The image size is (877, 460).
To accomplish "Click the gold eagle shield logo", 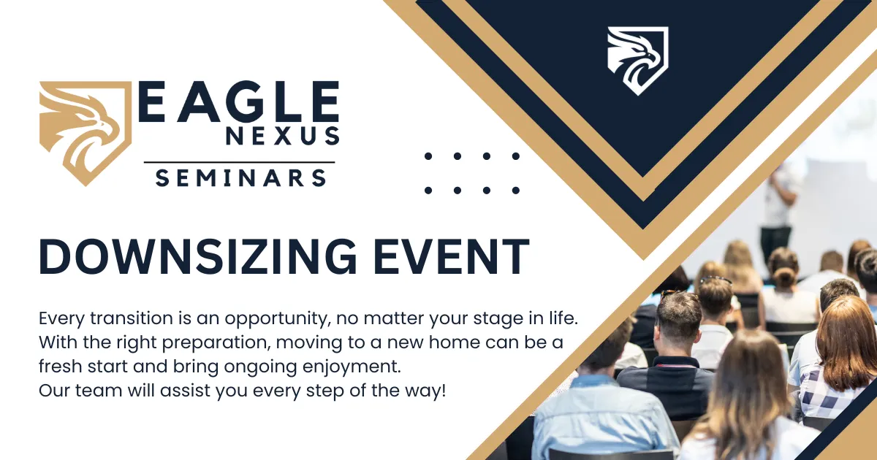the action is [86, 133].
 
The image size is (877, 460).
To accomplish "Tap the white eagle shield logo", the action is [638, 61].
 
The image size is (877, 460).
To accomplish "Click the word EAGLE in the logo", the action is [239, 101].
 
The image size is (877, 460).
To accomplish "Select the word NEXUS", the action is [282, 136].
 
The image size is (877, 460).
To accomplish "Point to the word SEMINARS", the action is [240, 178].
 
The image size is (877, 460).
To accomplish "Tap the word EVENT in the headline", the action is [452, 256].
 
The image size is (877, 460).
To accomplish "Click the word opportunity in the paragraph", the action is [276, 319].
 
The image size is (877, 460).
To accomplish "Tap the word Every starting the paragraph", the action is [61, 319].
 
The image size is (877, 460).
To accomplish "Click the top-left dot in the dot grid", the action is [428, 156].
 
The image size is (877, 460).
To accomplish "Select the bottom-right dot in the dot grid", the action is [516, 191].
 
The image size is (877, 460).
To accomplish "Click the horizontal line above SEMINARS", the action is [239, 162].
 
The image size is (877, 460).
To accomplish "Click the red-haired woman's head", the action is [849, 340].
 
